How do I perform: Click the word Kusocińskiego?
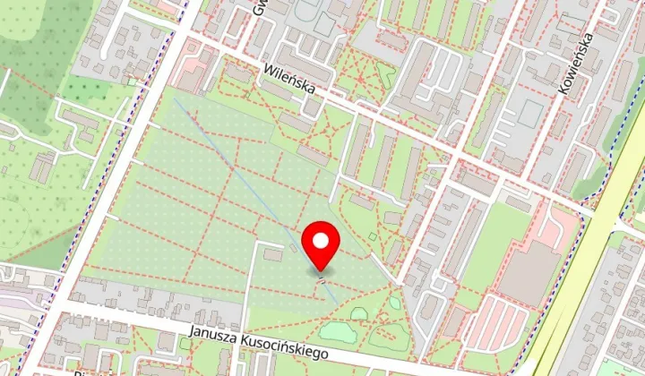(288, 350)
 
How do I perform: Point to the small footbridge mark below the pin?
(322, 281)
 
